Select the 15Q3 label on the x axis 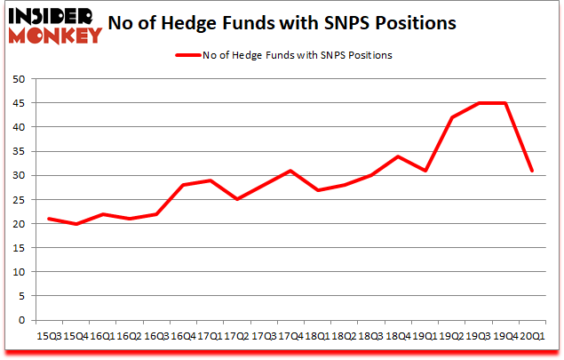point(48,337)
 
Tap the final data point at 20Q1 point(531,171)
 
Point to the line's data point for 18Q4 point(397,156)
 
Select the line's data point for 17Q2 point(236,199)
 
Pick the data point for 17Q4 point(290,171)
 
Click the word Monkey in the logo point(53,36)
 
